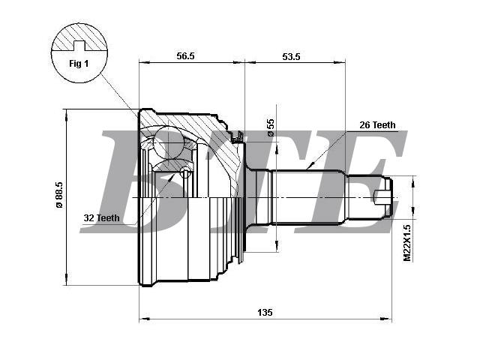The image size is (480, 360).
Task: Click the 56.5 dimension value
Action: tap(185, 56)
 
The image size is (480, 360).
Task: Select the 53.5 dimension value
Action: tap(291, 57)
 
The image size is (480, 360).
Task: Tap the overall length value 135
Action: tap(265, 313)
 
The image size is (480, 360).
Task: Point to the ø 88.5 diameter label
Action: tap(58, 195)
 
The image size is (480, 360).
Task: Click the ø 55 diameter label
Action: tap(271, 127)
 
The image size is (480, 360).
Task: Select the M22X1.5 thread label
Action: tap(406, 243)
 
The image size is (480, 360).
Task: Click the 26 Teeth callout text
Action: tap(377, 125)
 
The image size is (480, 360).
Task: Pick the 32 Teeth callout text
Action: tap(102, 218)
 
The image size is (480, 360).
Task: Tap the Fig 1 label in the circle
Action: tap(79, 64)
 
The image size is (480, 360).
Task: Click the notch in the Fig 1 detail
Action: tap(79, 45)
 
